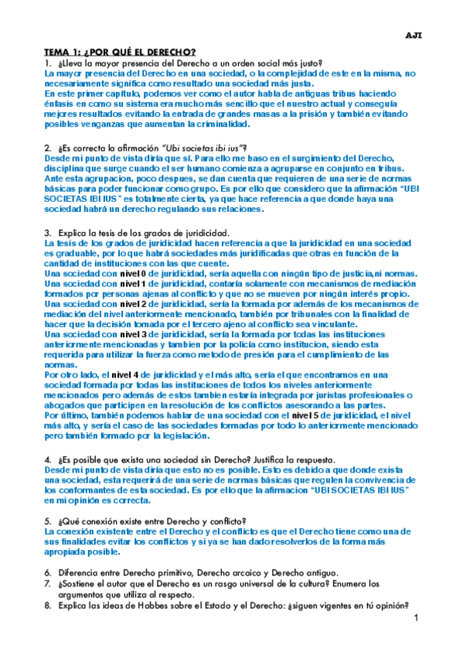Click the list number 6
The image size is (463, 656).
pos(48,571)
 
